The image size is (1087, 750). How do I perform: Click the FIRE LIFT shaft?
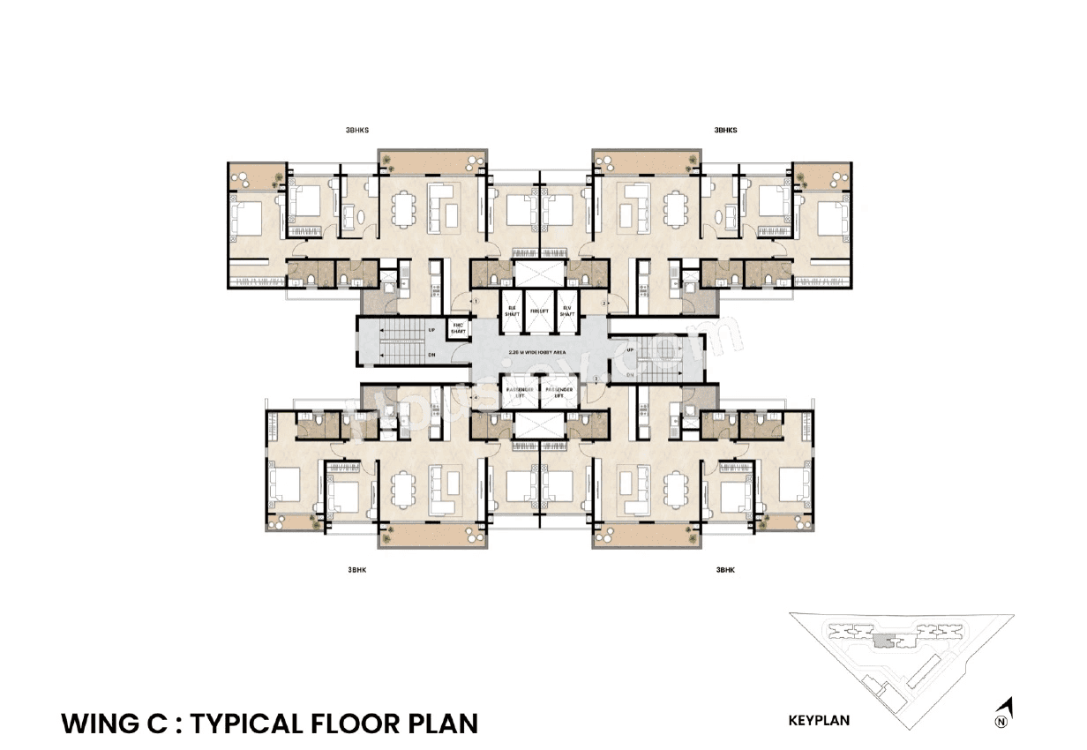coord(538,310)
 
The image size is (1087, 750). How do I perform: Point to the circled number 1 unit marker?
coord(476,302)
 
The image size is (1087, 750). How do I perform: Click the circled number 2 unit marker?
coord(603,303)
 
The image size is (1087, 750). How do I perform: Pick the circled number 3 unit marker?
coord(596,379)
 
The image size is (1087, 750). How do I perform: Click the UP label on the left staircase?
coord(431,330)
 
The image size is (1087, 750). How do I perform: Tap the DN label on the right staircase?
coord(631,375)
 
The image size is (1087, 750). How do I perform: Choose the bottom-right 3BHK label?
coord(724,570)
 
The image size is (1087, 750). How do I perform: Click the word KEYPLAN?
coord(819,720)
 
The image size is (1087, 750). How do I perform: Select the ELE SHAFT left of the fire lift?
coord(511,310)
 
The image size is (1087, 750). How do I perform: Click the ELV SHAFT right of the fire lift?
coord(566,310)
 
